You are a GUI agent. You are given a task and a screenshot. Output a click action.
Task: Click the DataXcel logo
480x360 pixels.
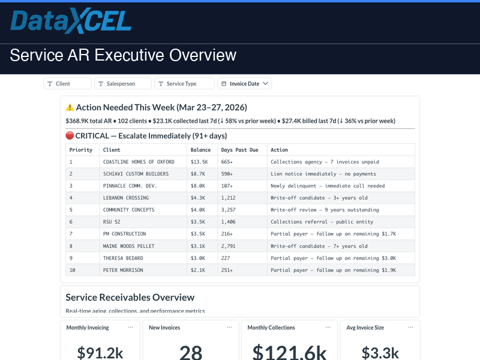click(71, 22)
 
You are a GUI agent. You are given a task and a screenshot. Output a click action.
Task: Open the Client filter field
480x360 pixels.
click(67, 84)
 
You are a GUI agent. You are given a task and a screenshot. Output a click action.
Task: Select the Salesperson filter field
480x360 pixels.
click(122, 84)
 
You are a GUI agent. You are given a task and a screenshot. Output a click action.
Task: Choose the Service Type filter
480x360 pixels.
click(184, 84)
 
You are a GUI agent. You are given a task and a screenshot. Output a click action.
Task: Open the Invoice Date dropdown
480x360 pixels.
click(244, 84)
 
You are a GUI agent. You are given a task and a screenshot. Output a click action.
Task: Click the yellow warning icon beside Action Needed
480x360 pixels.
click(70, 107)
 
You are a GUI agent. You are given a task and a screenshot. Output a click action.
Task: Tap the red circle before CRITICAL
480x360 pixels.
click(70, 136)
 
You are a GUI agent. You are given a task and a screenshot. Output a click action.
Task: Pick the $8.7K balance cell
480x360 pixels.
click(199, 174)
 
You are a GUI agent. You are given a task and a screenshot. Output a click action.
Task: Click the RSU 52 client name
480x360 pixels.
click(112, 222)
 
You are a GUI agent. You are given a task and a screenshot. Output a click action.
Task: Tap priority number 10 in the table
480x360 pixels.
click(73, 270)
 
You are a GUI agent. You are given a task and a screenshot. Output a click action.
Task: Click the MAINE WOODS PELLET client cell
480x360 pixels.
click(128, 246)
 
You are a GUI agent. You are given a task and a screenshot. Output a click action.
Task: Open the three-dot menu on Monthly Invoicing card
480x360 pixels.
click(130, 328)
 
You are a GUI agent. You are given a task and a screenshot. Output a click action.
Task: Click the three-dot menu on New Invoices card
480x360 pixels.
click(229, 328)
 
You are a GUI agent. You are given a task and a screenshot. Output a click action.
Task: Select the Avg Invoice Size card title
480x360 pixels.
click(365, 328)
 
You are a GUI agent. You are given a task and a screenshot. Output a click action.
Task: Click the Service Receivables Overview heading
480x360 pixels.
click(130, 297)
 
